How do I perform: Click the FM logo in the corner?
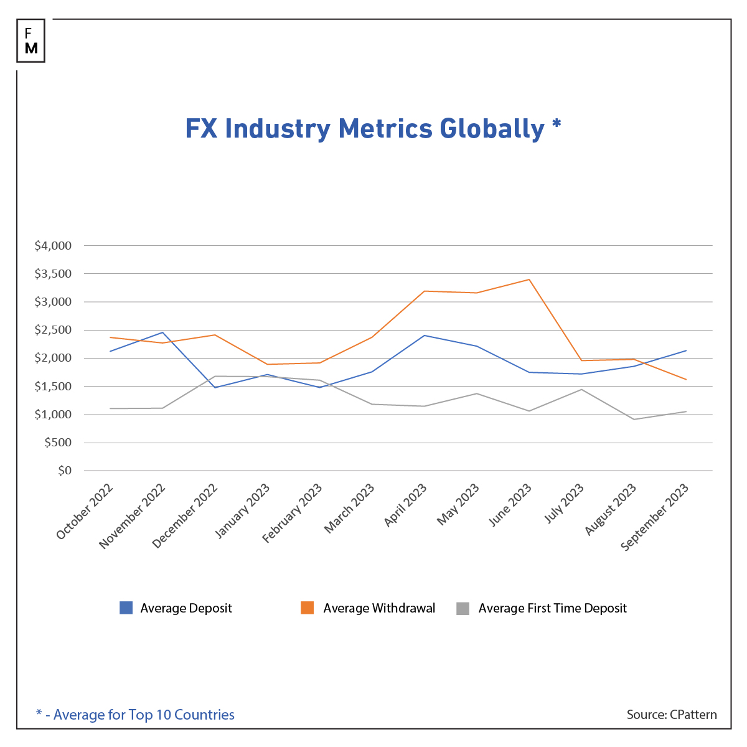tap(31, 41)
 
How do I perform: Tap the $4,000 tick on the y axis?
tap(54, 246)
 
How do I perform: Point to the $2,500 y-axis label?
tap(54, 330)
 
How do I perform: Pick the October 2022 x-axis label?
tap(85, 512)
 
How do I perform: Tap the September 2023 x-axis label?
tap(655, 517)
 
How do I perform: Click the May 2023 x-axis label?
tap(458, 505)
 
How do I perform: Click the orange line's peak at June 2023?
tap(529, 280)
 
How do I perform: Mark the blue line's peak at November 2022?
tap(162, 332)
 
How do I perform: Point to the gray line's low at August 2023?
tap(634, 419)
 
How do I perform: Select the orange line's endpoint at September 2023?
tap(686, 379)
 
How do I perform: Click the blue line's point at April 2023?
tap(425, 336)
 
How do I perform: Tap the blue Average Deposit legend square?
tap(126, 608)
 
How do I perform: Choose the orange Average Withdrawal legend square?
tap(307, 608)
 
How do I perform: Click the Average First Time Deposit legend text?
tap(552, 608)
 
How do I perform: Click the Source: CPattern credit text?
tap(672, 715)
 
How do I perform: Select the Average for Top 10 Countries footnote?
tap(135, 715)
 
